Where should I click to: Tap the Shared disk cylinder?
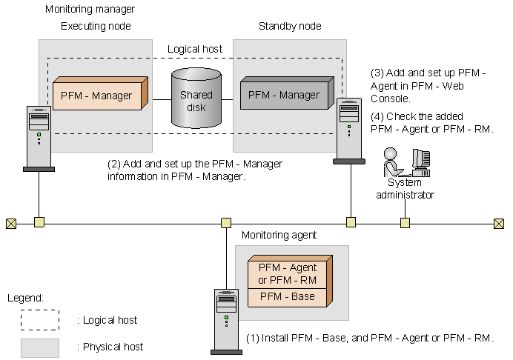click(196, 97)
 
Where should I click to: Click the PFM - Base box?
click(287, 297)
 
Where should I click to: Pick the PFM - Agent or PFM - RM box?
click(287, 273)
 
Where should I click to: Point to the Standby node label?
click(290, 27)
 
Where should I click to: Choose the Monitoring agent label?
click(279, 235)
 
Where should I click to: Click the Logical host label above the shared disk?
click(194, 49)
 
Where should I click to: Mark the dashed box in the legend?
click(40, 320)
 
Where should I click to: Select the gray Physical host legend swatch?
click(40, 347)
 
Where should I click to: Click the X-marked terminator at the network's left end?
click(11, 222)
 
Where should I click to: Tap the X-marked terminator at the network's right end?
click(500, 222)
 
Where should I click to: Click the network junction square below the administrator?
click(405, 221)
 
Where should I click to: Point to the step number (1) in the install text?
click(253, 339)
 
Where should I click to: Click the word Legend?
click(25, 298)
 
